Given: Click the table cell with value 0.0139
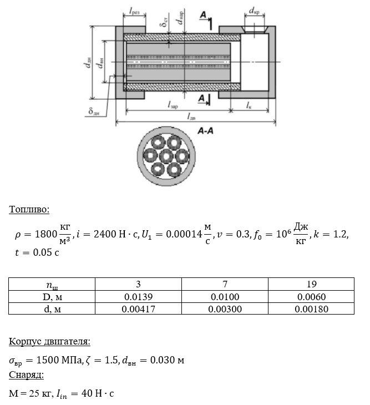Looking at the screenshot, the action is [138, 297].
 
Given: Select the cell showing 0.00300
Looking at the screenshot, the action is [225, 309].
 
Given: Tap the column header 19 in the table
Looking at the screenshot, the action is [311, 284].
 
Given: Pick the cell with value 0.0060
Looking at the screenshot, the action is [311, 297].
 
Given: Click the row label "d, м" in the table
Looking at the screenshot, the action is [52, 309].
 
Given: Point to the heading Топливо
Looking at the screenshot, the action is [29, 209].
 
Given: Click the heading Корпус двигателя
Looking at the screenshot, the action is [49, 341].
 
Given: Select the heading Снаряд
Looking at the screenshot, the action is [26, 374].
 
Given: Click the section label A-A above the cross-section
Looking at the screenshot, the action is [206, 131].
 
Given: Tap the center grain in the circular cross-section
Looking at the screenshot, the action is [166, 156].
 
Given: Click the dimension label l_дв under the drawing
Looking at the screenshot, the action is [191, 117].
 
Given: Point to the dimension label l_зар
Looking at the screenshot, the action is [173, 105].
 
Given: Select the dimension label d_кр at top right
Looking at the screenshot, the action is [254, 11].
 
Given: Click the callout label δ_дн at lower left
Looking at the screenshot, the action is [94, 112].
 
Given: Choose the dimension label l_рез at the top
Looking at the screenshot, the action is [134, 11].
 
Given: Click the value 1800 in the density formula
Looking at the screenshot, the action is [45, 234].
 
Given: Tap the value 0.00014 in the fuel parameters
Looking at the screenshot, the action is [184, 234].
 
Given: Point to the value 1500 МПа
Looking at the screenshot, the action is [59, 360].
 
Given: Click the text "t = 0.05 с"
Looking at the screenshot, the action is [37, 252].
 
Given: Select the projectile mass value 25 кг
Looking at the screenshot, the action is [41, 393].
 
